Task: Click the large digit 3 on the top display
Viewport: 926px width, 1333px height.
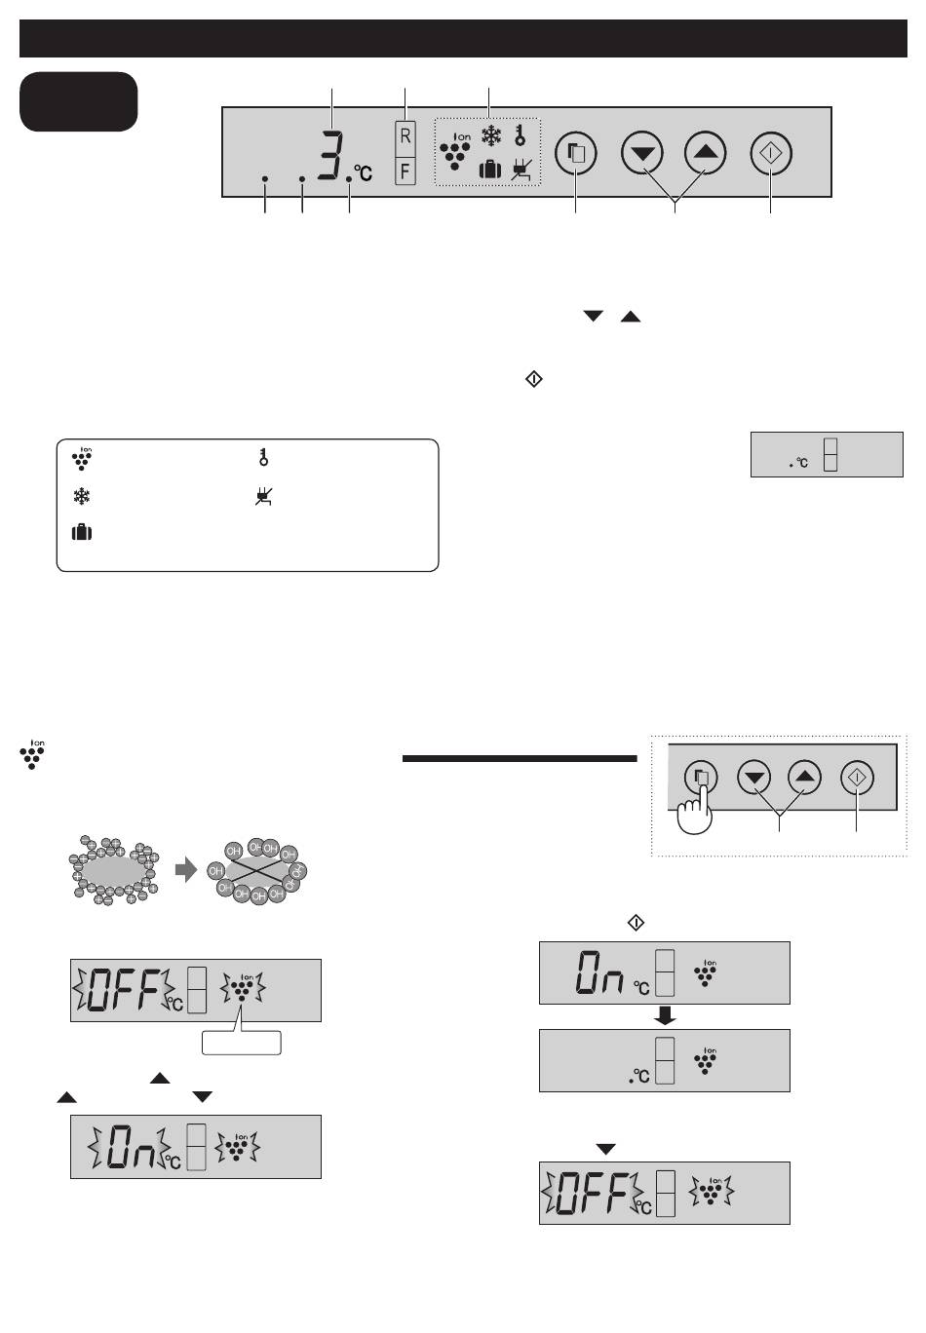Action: click(x=330, y=154)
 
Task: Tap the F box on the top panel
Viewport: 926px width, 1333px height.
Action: click(x=405, y=171)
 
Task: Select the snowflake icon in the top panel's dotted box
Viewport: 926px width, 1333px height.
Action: click(x=491, y=135)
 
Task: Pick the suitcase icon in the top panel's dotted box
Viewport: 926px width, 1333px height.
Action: click(x=489, y=170)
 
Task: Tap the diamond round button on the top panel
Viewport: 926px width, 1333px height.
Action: click(x=771, y=153)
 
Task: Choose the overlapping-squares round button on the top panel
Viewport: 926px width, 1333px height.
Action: click(x=575, y=153)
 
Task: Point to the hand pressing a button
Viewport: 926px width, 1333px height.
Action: click(x=694, y=810)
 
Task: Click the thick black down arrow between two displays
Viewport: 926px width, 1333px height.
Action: click(x=664, y=1015)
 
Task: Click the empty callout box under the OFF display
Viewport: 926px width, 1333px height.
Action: click(x=241, y=1042)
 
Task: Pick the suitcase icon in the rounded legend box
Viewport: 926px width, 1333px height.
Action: click(x=82, y=532)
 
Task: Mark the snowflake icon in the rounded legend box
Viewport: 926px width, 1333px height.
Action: click(x=82, y=496)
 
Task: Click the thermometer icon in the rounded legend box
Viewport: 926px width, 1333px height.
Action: click(x=263, y=457)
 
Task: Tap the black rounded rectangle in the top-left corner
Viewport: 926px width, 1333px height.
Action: click(x=79, y=101)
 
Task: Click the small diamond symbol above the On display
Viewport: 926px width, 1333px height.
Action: click(x=636, y=923)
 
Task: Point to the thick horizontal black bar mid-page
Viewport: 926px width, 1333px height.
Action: click(x=520, y=758)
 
